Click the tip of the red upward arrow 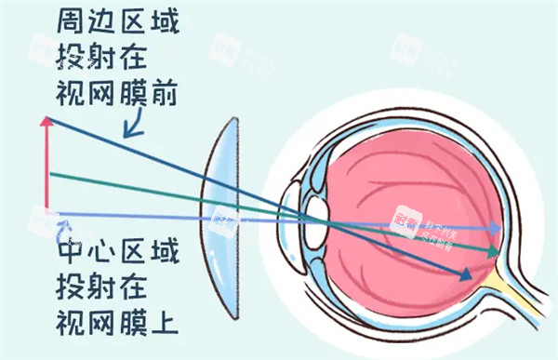pos(46,120)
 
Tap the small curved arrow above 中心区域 pos(63,226)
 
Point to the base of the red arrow pos(46,210)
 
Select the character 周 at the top pos(74,20)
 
